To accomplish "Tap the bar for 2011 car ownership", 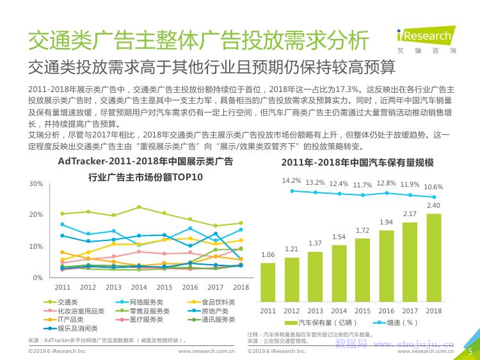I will (x=268, y=281).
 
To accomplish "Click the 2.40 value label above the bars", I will (x=433, y=205).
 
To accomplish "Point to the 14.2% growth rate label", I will (x=291, y=180).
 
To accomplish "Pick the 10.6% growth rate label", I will (x=433, y=187).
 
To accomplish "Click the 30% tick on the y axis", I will (x=36, y=184).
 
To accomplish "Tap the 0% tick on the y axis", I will (x=38, y=278).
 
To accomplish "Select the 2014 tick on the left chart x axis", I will (x=139, y=288).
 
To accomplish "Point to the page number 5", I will (x=469, y=350).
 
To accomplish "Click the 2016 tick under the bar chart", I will (x=386, y=311).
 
